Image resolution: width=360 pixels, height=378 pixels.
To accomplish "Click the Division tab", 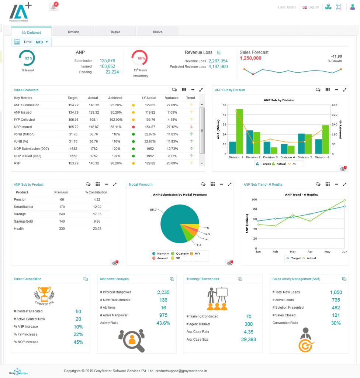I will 73,32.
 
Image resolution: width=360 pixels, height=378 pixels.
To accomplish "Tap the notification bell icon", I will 54,7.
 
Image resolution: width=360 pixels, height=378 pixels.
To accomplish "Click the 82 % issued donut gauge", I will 27,58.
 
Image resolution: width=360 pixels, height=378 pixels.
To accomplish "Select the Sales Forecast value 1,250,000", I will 250,58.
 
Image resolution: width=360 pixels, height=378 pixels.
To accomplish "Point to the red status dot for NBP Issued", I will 133,127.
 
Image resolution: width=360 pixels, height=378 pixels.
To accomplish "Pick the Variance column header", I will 172,98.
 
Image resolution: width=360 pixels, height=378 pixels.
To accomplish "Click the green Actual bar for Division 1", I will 239,131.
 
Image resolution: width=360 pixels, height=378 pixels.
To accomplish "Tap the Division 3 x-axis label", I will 270,157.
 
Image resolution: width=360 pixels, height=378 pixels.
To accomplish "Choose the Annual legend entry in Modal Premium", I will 160,258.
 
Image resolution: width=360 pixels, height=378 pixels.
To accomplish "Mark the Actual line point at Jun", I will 345,200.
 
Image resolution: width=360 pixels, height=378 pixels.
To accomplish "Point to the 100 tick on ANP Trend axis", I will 254,199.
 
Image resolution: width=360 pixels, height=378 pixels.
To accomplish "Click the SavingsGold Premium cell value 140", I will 62,221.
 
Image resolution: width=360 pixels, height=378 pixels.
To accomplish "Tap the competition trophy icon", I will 44,295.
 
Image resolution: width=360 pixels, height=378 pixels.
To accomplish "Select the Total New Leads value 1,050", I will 336,292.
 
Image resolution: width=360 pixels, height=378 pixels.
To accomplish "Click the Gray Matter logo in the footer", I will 18,371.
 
